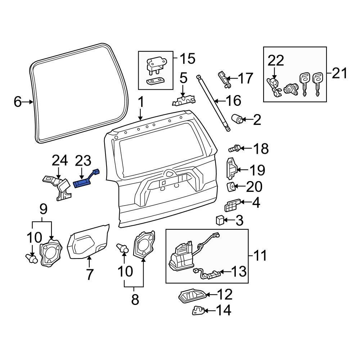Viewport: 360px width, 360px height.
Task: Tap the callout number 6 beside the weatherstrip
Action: (18, 102)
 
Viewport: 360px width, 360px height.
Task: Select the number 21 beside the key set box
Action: (339, 74)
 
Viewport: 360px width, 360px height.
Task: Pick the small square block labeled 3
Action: (220, 220)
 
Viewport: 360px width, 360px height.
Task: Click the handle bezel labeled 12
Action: (193, 296)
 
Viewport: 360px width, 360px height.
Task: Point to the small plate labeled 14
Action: (199, 310)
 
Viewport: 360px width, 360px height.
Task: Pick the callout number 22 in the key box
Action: (275, 60)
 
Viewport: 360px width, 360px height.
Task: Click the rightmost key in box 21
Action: (318, 82)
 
